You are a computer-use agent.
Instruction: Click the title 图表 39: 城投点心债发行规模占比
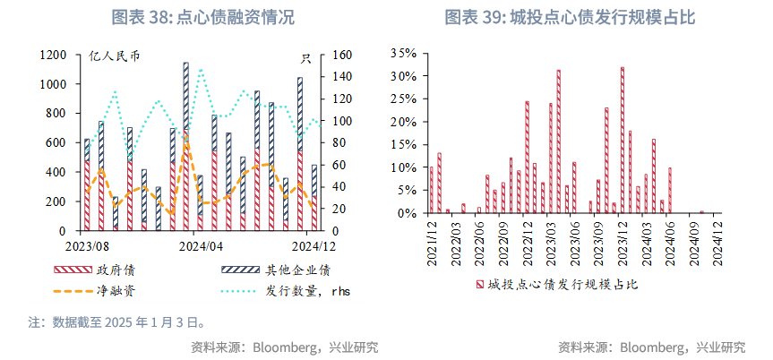pyautogui.click(x=570, y=17)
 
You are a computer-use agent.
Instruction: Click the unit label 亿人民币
pyautogui.click(x=115, y=59)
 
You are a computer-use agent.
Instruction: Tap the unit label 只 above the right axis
pyautogui.click(x=305, y=59)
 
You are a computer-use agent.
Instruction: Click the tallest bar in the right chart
pyautogui.click(x=623, y=140)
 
